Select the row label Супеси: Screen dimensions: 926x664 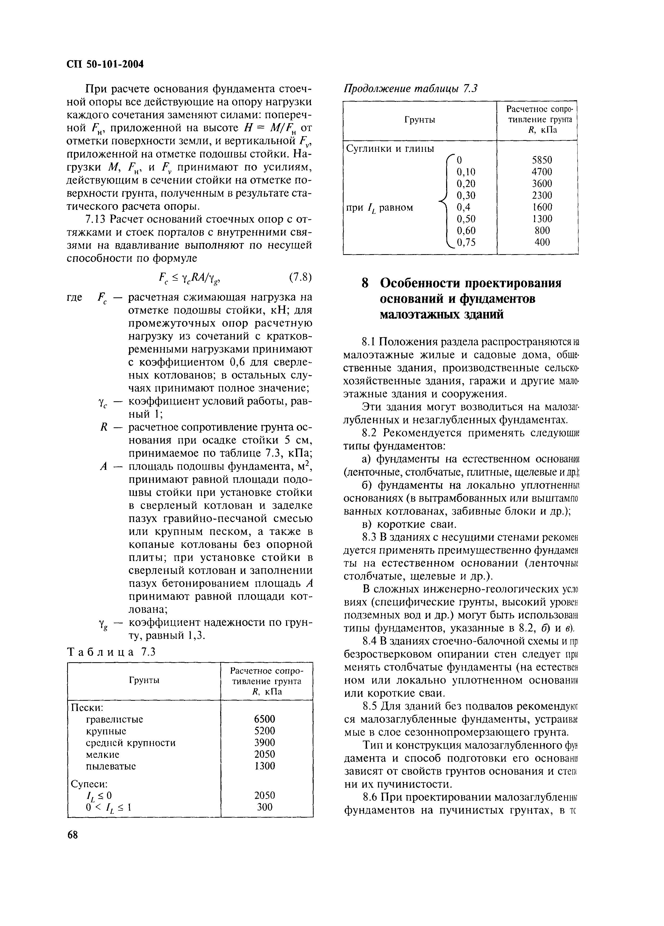[89, 784]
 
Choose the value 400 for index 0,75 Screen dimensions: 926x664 [542, 242]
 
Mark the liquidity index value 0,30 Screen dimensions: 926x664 [466, 195]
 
